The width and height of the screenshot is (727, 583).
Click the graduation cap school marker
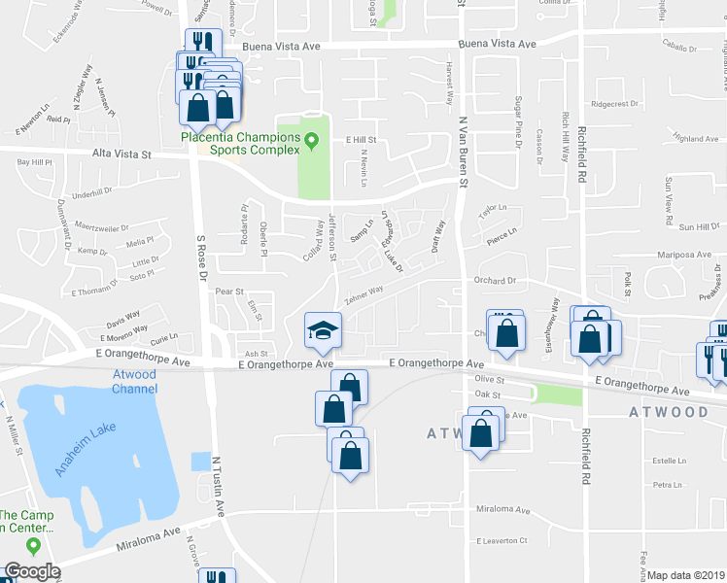(x=323, y=330)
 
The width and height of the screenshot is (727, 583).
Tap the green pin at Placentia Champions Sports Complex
(x=312, y=141)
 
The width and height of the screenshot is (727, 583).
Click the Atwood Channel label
(x=134, y=382)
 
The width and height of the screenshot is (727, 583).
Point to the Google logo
(x=32, y=571)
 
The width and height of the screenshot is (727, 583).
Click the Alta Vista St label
(x=121, y=154)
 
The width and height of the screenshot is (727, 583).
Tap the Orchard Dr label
(x=494, y=281)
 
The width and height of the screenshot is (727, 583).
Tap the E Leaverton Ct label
(x=502, y=540)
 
